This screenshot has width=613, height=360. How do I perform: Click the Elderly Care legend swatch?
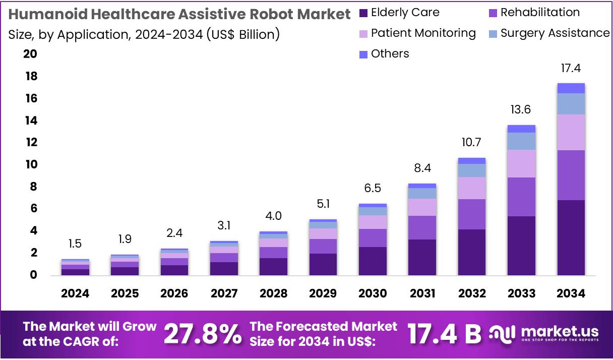pyautogui.click(x=363, y=13)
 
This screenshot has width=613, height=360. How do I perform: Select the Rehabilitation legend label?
pyautogui.click(x=540, y=13)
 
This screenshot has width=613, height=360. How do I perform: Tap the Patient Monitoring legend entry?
pyautogui.click(x=423, y=33)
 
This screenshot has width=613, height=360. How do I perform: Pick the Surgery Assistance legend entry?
pyautogui.click(x=555, y=33)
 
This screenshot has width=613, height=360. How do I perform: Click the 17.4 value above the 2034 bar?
pyautogui.click(x=571, y=68)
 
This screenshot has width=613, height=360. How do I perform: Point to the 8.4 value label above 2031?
pyautogui.click(x=422, y=168)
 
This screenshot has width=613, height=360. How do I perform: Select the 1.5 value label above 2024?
pyautogui.click(x=75, y=244)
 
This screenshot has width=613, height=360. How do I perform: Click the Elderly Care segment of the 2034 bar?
pyautogui.click(x=571, y=237)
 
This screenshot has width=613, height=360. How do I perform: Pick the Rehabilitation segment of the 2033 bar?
pyautogui.click(x=521, y=197)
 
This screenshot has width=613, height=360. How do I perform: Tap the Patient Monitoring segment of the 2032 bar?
pyautogui.click(x=472, y=188)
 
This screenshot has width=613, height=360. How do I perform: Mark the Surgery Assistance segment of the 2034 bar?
pyautogui.click(x=571, y=104)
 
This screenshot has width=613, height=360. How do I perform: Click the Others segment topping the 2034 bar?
pyautogui.click(x=571, y=88)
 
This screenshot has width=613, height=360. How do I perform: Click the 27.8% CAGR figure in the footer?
pyautogui.click(x=203, y=334)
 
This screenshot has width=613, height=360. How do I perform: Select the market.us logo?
pyautogui.click(x=544, y=333)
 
